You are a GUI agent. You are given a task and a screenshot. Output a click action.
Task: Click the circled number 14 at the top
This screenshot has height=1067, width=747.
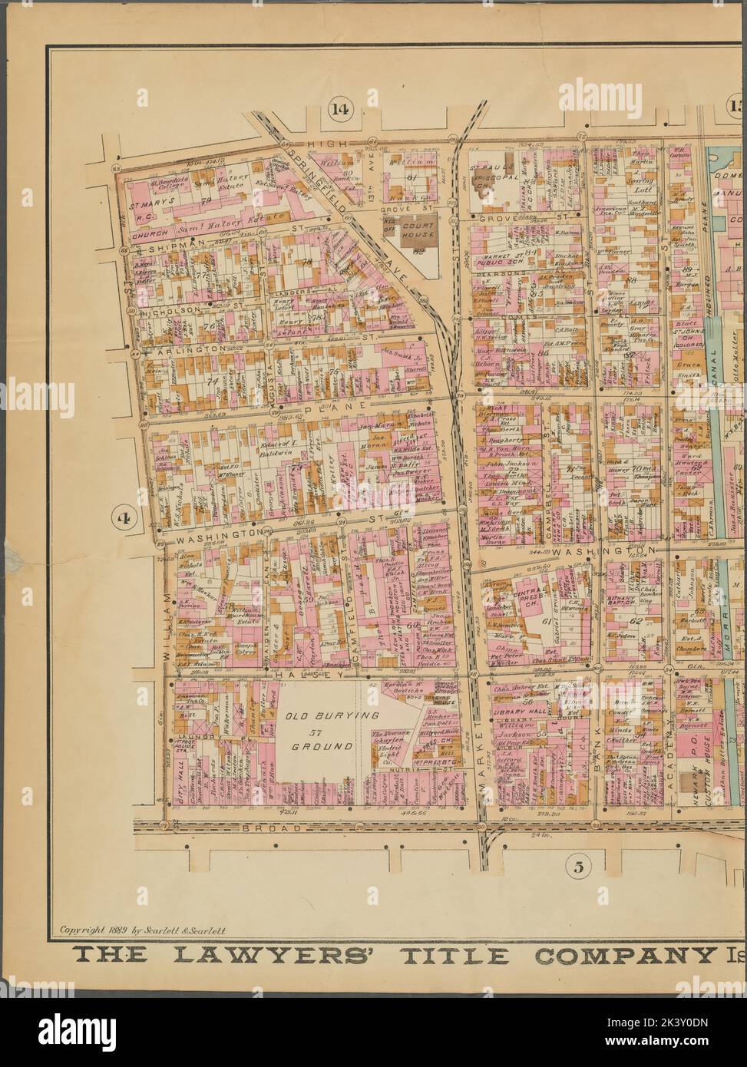[339, 108]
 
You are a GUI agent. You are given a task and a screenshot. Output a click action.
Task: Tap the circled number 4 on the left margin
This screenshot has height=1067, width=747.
[122, 517]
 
